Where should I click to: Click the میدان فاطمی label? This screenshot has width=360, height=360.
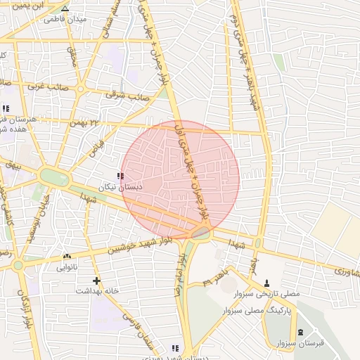tap(65, 19)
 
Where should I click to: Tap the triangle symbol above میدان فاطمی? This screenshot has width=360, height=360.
tap(65, 9)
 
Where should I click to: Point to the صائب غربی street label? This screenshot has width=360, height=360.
tap(43, 86)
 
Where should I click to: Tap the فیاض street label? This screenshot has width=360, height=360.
tap(96, 148)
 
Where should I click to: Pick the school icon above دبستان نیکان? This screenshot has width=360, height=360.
tap(121, 176)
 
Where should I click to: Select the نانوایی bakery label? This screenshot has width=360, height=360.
tap(67, 268)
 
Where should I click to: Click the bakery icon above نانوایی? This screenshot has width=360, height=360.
tap(67, 257)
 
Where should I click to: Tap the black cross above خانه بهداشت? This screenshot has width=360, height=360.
tap(96, 280)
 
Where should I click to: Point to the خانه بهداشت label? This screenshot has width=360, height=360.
tap(96, 290)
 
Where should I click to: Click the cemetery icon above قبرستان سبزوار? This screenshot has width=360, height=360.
tap(301, 332)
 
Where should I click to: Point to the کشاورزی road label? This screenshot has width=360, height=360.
tap(342, 270)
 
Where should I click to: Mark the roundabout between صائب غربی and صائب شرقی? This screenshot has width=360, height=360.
tap(81, 89)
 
